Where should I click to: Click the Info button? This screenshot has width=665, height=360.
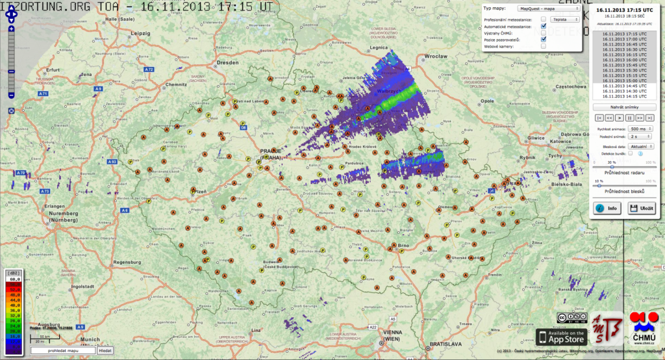point(608,209)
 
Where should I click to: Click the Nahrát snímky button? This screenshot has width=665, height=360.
point(624,107)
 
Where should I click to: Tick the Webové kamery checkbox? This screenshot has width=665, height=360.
point(544,45)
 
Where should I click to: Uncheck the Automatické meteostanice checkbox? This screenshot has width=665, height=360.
point(544,26)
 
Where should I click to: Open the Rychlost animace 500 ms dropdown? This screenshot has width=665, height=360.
point(640,129)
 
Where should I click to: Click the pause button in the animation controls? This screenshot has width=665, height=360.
point(629,118)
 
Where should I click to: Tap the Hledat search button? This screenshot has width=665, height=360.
point(105,350)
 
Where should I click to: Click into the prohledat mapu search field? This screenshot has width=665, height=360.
point(62,350)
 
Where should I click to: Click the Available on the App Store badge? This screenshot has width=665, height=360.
point(560,337)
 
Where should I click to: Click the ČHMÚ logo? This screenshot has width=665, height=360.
point(642,330)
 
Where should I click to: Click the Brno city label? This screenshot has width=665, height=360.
point(403,246)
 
